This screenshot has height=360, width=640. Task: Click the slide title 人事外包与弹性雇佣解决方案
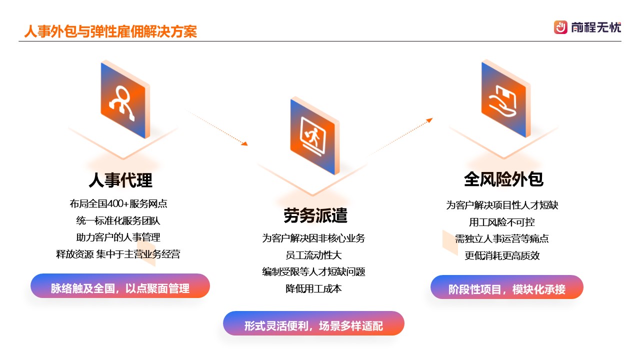click(110, 31)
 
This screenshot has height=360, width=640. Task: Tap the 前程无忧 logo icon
click(560, 27)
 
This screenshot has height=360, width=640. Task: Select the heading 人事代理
click(120, 180)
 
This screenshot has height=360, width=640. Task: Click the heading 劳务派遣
click(315, 215)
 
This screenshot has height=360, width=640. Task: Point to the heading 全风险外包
click(503, 179)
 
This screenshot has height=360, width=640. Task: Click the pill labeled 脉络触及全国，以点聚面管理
click(120, 286)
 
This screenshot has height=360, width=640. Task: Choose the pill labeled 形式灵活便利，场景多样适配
click(313, 323)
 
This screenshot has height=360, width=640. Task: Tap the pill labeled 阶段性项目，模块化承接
click(507, 287)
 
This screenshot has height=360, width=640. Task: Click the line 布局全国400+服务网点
click(118, 203)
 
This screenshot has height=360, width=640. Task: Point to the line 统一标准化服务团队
click(118, 220)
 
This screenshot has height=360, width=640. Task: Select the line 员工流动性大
click(313, 255)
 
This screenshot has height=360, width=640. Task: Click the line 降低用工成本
click(313, 288)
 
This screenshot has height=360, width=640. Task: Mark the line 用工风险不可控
click(502, 222)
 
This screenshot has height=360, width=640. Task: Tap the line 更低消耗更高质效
click(502, 255)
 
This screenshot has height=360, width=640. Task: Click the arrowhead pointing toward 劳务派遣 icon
click(245, 143)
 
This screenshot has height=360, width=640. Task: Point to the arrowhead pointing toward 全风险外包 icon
click(429, 120)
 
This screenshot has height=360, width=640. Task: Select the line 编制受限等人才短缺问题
click(313, 271)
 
